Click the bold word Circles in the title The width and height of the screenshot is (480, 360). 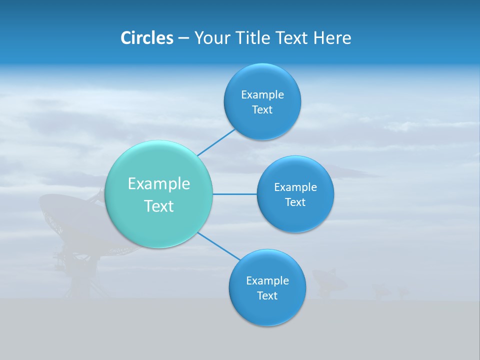[x=146, y=38]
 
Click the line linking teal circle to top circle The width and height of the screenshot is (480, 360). [x=216, y=142]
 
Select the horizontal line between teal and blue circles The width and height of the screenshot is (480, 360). [x=235, y=194]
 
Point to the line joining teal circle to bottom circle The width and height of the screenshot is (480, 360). [x=219, y=246]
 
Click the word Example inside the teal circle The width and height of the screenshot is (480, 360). [x=159, y=184]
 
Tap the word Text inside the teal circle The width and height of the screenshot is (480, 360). [x=159, y=206]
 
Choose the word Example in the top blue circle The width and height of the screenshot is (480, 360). [x=262, y=94]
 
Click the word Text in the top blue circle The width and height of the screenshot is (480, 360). [x=262, y=109]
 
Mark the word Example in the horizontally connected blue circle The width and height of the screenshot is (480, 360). [x=295, y=187]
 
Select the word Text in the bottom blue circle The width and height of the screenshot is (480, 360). [x=267, y=295]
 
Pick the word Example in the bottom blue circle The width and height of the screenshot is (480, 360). [x=267, y=280]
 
